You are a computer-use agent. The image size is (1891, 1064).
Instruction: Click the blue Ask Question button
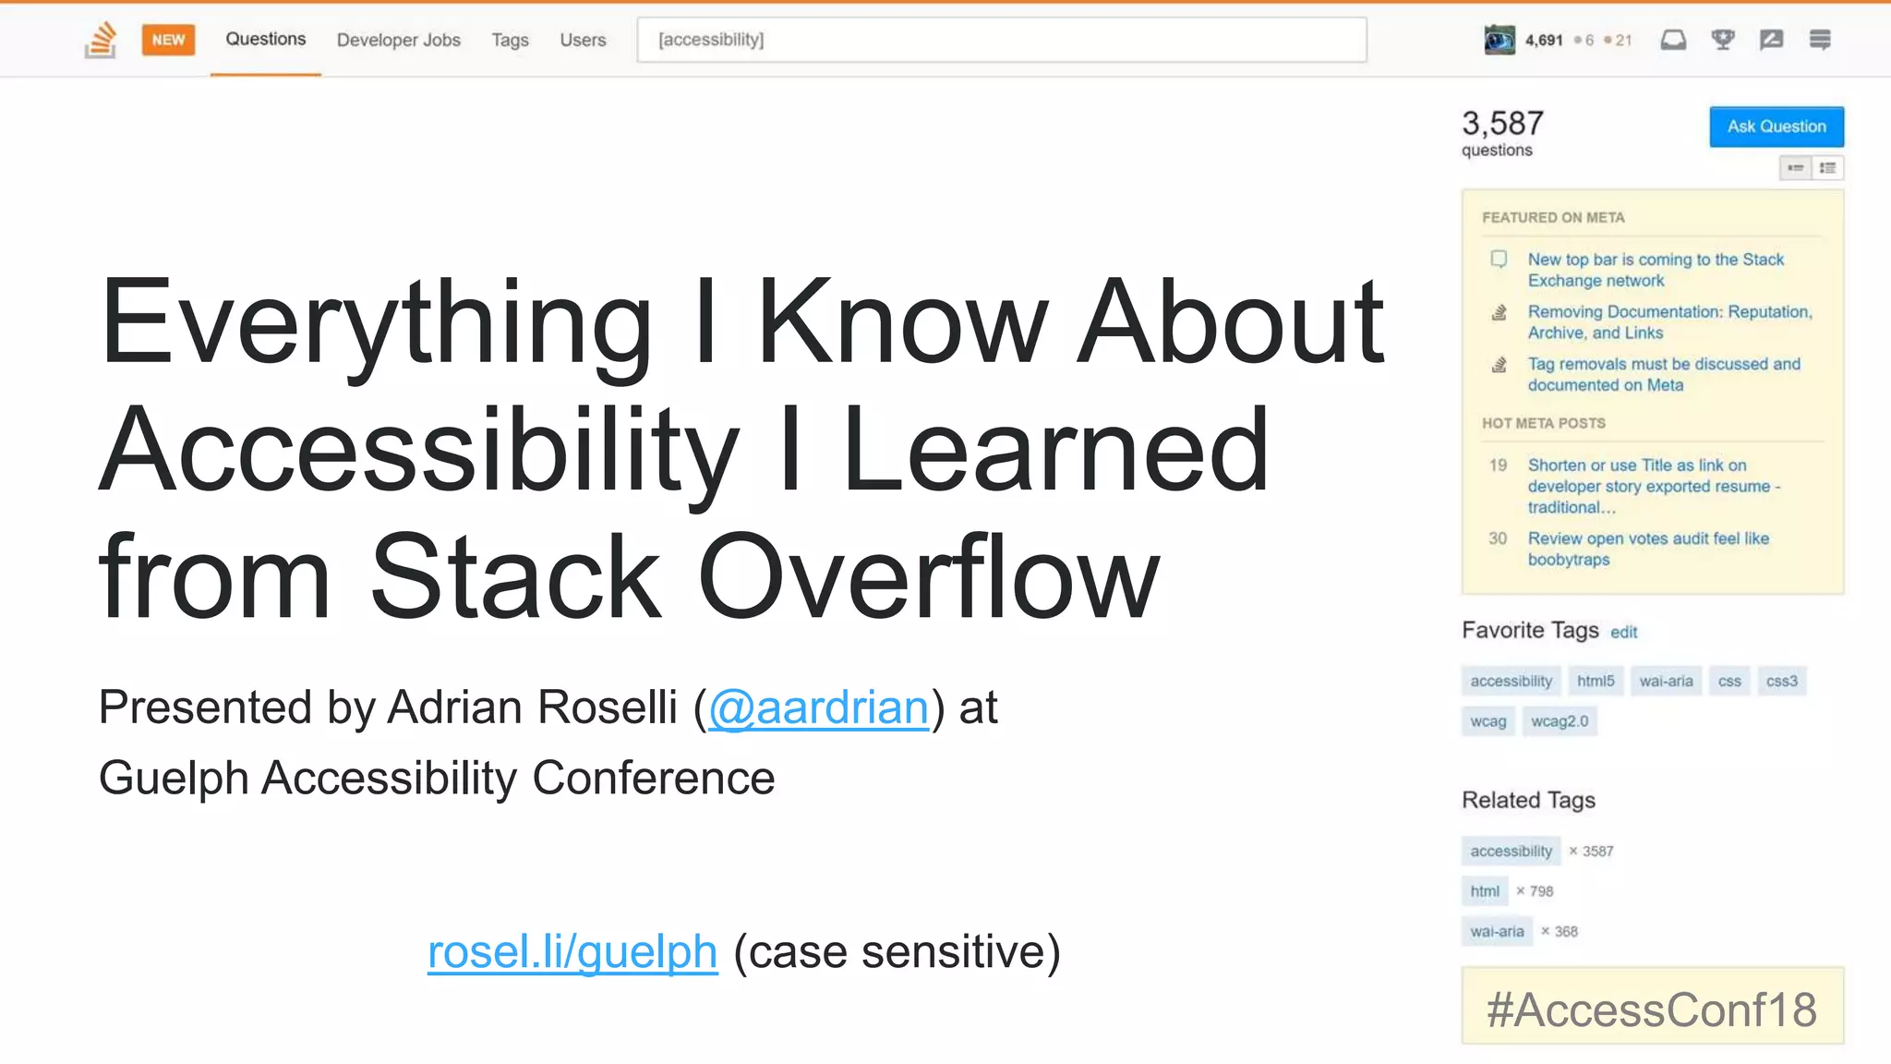[1776, 127]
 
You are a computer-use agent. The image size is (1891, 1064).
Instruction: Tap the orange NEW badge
[168, 40]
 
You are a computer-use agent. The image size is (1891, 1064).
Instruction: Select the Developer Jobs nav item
[398, 40]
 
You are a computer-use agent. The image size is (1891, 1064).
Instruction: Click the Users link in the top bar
[583, 40]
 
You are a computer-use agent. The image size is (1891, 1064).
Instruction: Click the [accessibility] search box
[1001, 40]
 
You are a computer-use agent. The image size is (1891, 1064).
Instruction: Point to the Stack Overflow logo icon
[101, 40]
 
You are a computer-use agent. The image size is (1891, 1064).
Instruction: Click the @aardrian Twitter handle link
[818, 708]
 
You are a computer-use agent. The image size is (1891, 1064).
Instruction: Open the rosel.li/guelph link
[572, 952]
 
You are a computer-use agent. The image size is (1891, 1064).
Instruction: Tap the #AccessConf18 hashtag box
[1652, 1008]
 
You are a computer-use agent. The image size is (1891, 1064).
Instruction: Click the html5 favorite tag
[1595, 681]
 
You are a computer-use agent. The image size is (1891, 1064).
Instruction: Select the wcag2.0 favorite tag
[1559, 721]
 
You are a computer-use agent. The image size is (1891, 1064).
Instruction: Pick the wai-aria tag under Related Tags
[1497, 931]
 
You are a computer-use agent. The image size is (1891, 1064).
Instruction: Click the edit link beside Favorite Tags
[1623, 633]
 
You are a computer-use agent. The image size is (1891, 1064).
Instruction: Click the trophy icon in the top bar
[1722, 40]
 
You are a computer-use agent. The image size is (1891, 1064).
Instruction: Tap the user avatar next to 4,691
[1500, 40]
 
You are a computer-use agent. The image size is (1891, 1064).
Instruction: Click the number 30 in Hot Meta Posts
[1497, 538]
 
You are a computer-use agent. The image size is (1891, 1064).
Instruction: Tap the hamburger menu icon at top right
[1819, 40]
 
